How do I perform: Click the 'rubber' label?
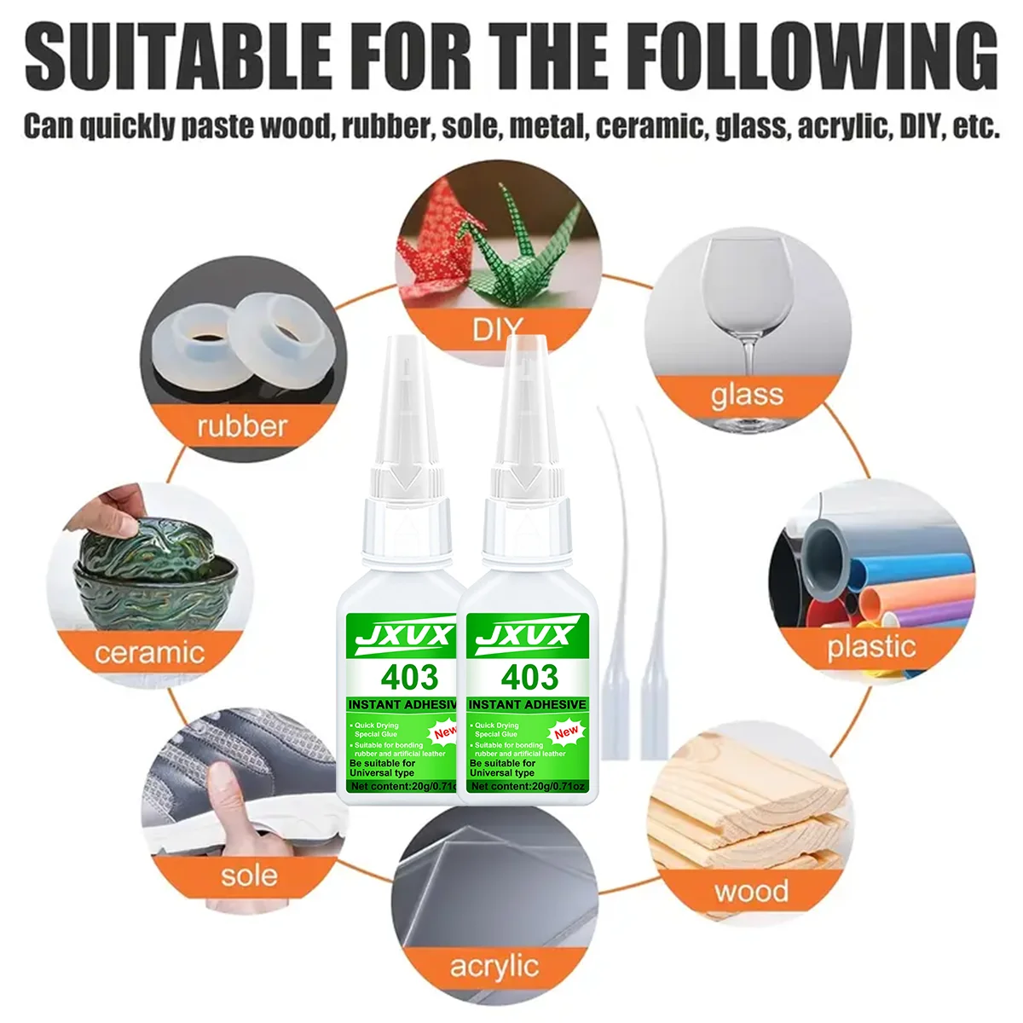pyautogui.click(x=242, y=425)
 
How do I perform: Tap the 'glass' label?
pyautogui.click(x=747, y=396)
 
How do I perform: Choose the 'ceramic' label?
pyautogui.click(x=150, y=653)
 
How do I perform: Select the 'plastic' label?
pyautogui.click(x=870, y=647)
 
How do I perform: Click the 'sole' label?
pyautogui.click(x=249, y=876)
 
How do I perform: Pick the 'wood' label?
pyautogui.click(x=751, y=892)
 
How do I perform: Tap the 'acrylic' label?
pyautogui.click(x=494, y=966)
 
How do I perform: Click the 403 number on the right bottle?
pyautogui.click(x=529, y=678)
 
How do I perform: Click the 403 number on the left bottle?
pyautogui.click(x=409, y=678)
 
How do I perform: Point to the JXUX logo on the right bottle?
pyautogui.click(x=527, y=636)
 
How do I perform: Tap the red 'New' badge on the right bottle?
pyautogui.click(x=566, y=731)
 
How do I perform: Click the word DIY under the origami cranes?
pyautogui.click(x=496, y=329)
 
